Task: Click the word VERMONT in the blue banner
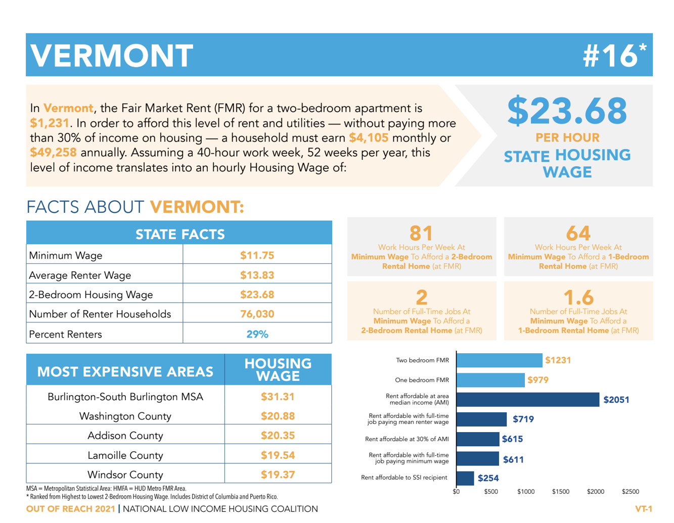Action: (112, 55)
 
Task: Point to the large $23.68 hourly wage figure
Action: (567, 111)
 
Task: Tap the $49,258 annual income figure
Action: (53, 153)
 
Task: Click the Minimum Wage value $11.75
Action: (257, 255)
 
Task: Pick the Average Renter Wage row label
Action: (80, 275)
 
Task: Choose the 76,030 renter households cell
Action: (257, 314)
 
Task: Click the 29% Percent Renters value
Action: (257, 334)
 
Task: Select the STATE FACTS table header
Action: (179, 234)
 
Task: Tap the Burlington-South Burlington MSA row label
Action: (125, 397)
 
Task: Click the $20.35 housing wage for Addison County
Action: (278, 436)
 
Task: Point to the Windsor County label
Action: (125, 474)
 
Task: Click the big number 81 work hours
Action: (421, 233)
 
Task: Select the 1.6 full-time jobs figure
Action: (578, 297)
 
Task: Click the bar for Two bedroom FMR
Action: (499, 360)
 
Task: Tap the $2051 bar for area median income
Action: (527, 400)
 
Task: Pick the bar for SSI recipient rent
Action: (465, 478)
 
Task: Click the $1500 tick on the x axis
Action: (560, 492)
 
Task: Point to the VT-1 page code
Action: (644, 509)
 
